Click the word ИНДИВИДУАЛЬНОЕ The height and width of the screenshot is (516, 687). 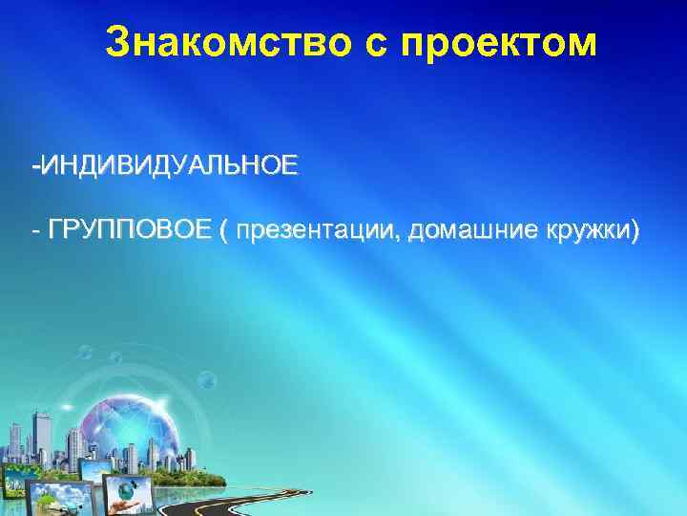pyautogui.click(x=168, y=167)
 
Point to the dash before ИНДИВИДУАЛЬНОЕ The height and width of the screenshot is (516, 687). pyautogui.click(x=34, y=169)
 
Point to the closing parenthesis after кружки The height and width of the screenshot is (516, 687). pyautogui.click(x=635, y=232)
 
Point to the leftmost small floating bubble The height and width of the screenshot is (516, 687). pyautogui.click(x=83, y=355)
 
